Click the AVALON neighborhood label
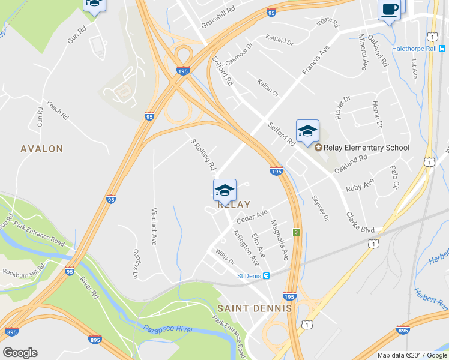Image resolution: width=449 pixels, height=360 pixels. point(41,149)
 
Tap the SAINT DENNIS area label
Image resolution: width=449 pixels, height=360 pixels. point(255,308)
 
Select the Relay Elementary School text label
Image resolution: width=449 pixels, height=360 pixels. point(366,148)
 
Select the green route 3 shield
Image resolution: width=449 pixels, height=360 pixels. point(296,232)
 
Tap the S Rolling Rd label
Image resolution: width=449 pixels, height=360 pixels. point(202,154)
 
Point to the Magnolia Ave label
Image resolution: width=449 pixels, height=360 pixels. point(280,240)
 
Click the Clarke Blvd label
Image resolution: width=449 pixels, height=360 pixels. point(359,222)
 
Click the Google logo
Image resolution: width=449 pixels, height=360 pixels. point(20,353)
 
